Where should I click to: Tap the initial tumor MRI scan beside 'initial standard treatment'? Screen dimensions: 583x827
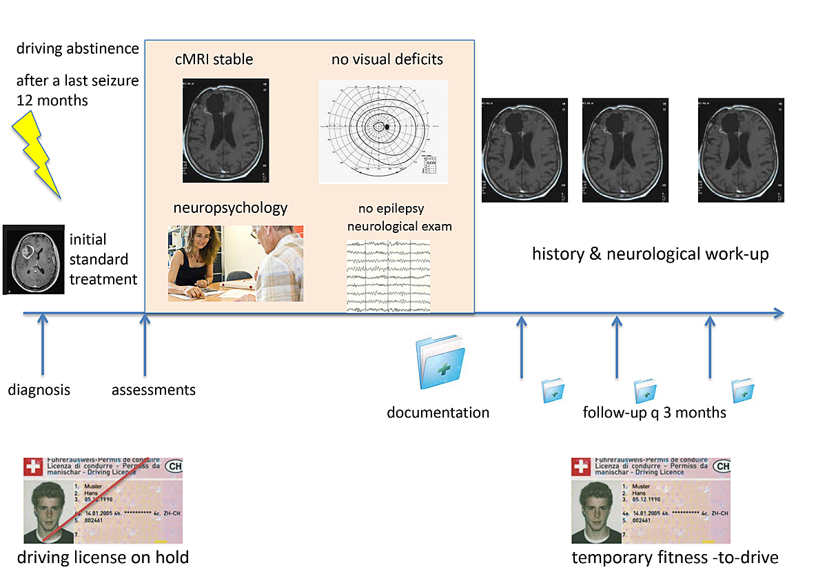coord(34,259)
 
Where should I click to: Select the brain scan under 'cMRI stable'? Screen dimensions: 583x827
coord(225,130)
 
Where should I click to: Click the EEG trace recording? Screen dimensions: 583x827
coord(388,276)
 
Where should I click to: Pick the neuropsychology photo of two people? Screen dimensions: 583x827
coord(236,263)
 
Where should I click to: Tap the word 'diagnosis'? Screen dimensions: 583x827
coord(39,390)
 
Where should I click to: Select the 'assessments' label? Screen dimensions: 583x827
coord(154,390)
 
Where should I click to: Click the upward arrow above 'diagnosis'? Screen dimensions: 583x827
coord(43,345)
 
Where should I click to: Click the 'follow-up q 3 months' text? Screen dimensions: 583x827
coord(654,413)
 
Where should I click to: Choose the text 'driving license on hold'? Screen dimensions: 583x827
coord(103,557)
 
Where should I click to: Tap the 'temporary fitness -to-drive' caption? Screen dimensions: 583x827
coord(675,557)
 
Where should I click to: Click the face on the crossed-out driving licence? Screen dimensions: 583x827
coord(46,507)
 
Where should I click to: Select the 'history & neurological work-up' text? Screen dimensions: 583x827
coord(650,254)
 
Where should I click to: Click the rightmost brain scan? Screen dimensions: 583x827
coord(741,150)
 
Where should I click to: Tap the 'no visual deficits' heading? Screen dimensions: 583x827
coord(387,59)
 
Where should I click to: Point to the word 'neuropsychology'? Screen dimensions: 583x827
coord(230,207)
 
